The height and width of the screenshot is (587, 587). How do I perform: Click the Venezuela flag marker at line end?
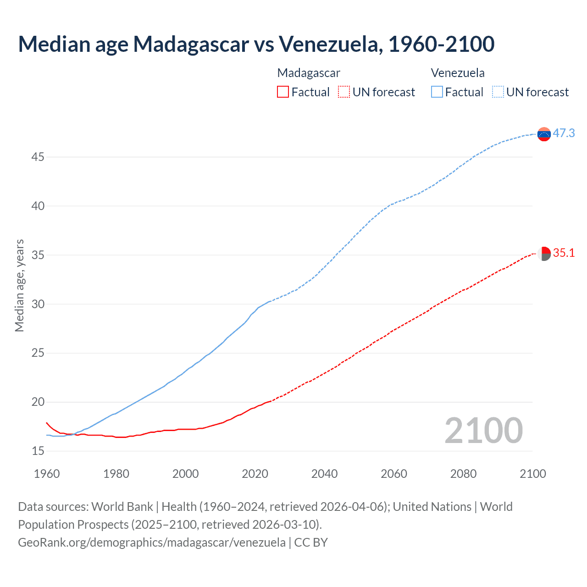(544, 134)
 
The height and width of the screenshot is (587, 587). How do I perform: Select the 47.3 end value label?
(564, 133)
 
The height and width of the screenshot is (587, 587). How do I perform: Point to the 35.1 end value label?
(564, 253)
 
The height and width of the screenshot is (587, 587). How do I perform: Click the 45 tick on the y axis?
(38, 157)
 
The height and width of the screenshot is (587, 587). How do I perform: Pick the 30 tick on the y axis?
(38, 304)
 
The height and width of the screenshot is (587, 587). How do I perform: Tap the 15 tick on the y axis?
(38, 451)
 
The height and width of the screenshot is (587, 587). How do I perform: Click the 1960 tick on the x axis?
(47, 474)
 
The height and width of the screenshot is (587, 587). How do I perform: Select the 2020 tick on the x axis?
(255, 474)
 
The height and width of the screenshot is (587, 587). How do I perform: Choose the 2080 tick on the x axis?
(463, 474)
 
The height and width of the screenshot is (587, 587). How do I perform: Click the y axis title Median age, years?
(19, 285)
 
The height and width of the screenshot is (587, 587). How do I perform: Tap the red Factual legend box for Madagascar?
(283, 92)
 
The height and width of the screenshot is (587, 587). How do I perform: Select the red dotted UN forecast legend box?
(344, 92)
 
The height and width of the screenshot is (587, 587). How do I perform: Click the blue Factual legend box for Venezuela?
(437, 92)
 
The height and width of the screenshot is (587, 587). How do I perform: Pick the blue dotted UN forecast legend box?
(498, 92)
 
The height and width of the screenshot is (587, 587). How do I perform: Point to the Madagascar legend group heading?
(309, 73)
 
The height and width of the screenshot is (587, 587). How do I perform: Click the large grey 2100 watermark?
(484, 430)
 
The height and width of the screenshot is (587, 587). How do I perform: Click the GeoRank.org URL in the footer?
(152, 542)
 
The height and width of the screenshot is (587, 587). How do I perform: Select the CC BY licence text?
(311, 542)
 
